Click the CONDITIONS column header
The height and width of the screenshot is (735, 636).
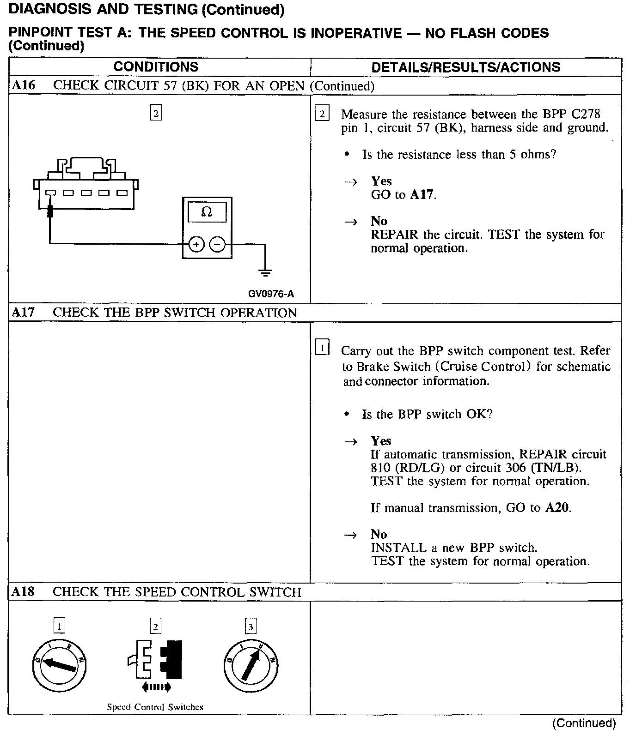click(156, 67)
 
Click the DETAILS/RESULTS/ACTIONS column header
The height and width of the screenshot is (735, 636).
click(465, 67)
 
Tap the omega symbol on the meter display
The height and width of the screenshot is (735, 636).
click(207, 212)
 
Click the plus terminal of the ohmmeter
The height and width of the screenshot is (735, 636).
click(196, 245)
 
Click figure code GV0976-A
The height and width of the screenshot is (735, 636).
click(271, 294)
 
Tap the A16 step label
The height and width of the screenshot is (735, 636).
click(23, 85)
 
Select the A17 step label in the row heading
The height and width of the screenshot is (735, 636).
click(23, 313)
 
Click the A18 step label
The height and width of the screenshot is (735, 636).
click(23, 592)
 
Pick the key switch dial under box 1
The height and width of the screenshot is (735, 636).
click(60, 665)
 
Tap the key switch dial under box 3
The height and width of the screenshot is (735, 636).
click(251, 665)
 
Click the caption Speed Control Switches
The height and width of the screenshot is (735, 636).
click(155, 707)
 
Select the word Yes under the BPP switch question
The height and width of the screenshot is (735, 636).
click(381, 441)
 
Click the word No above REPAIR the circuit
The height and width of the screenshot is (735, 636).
click(379, 221)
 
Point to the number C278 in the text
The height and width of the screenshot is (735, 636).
click(585, 114)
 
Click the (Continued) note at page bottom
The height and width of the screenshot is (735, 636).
click(584, 723)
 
